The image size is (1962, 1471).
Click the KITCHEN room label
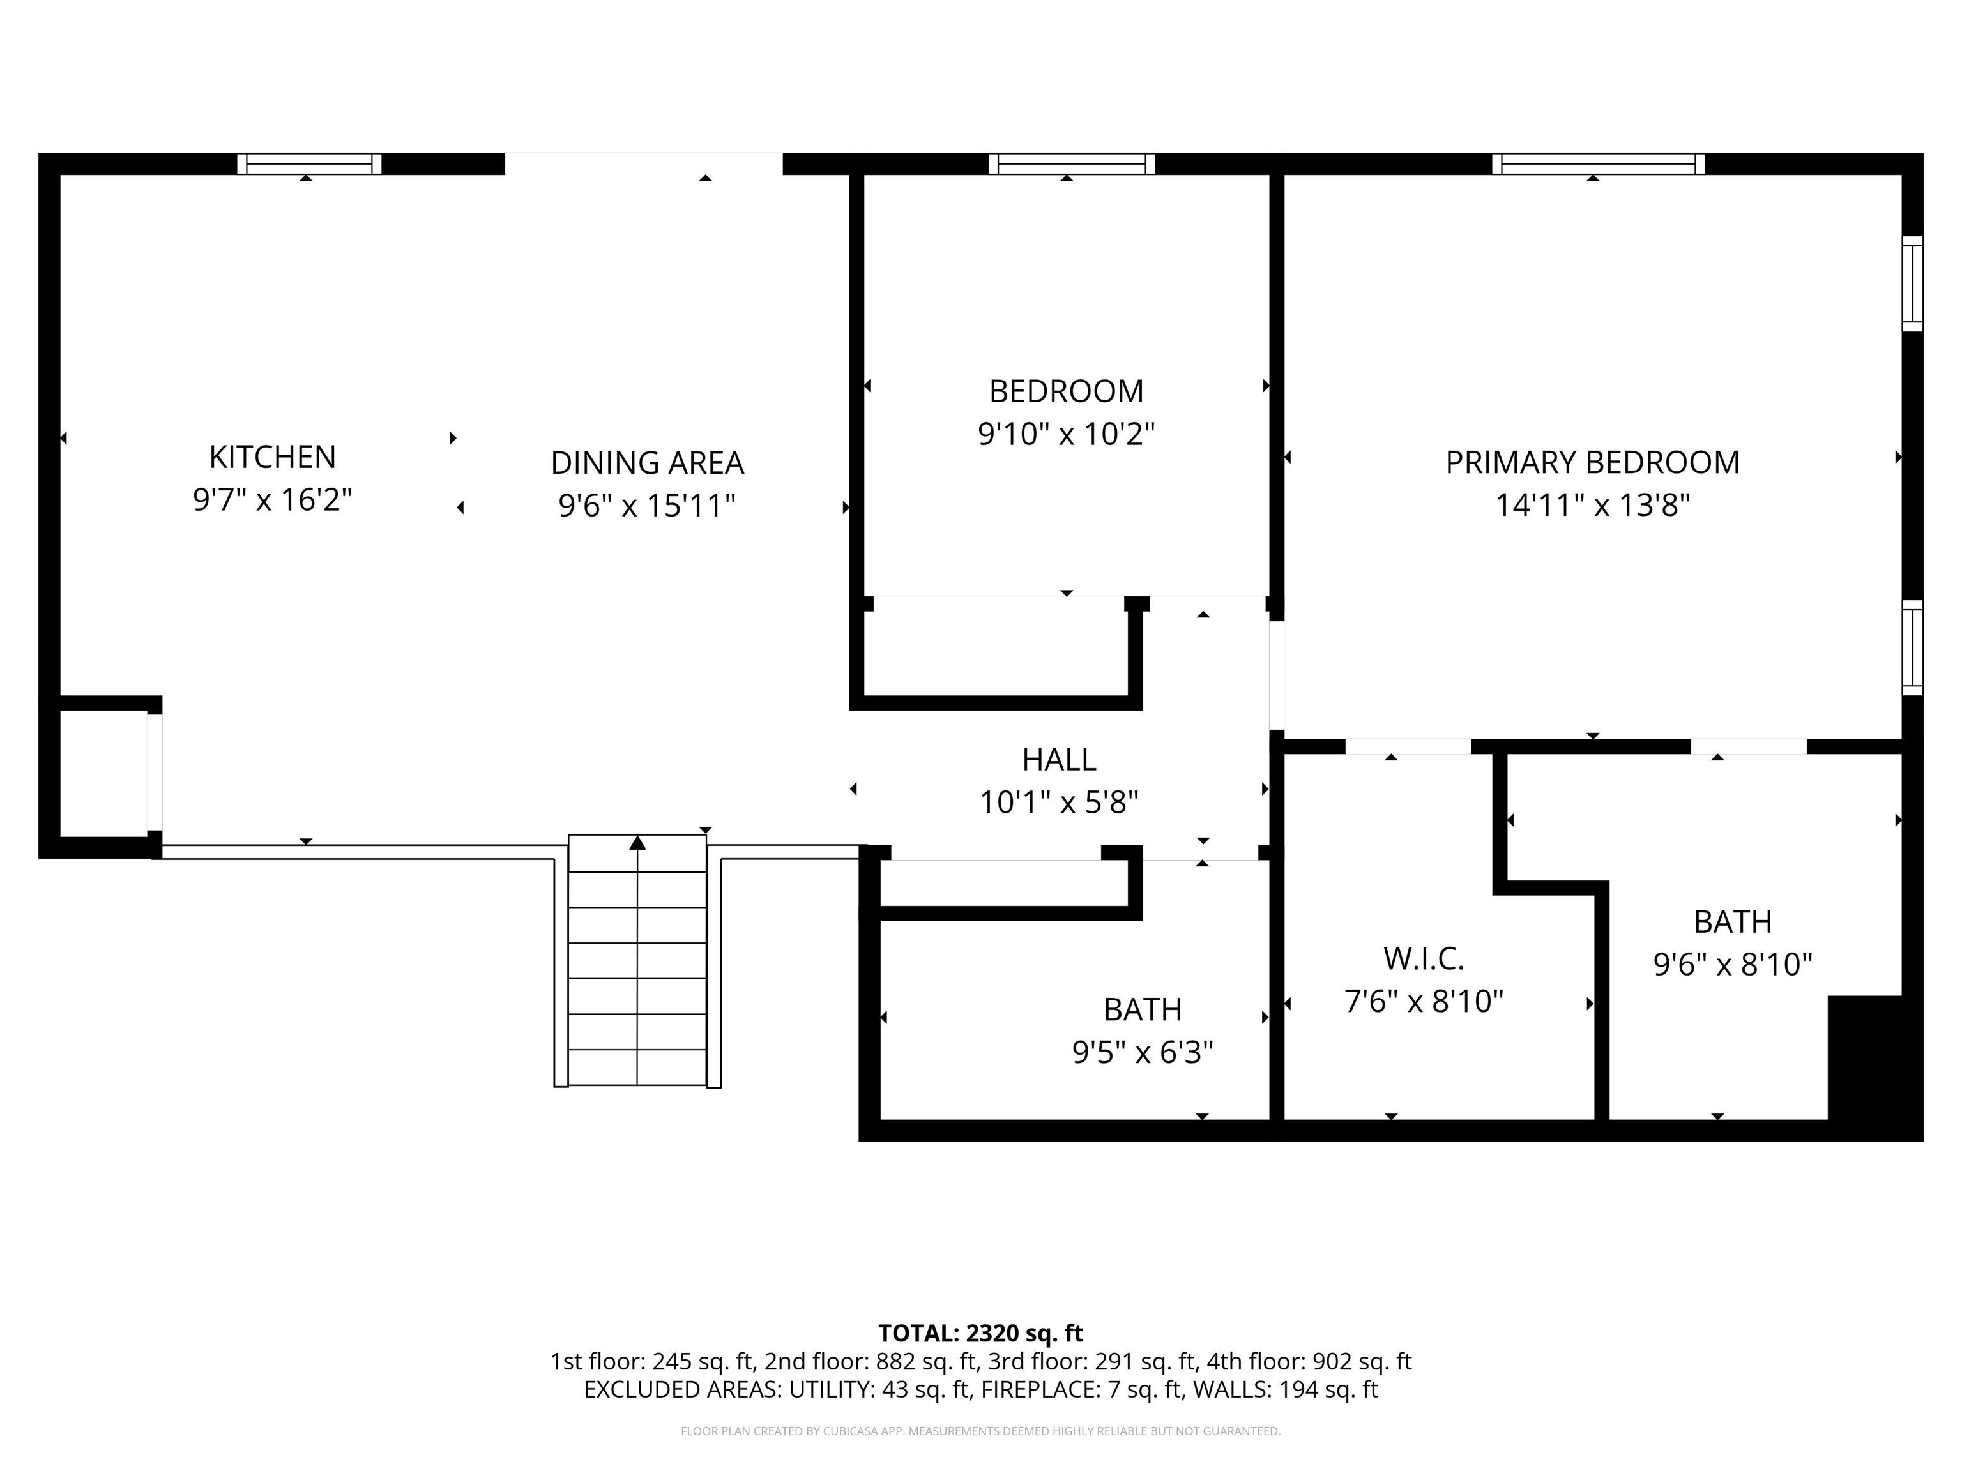pos(272,456)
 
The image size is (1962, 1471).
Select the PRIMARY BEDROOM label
pos(1592,462)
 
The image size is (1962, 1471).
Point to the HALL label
pos(1058,759)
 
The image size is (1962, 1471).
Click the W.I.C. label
pos(1424,958)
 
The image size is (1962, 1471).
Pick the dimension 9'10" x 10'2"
pos(1066,434)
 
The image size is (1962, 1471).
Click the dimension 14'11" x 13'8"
pos(1592,506)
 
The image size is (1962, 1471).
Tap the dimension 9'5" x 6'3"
pos(1143,1052)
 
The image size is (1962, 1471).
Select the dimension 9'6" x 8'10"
pos(1732,964)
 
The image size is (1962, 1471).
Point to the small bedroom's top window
pos(1072,164)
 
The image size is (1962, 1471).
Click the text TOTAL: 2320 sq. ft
pos(980,1334)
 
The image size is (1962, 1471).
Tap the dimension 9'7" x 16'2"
pos(272,500)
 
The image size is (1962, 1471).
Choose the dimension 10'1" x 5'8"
pos(1058,803)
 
